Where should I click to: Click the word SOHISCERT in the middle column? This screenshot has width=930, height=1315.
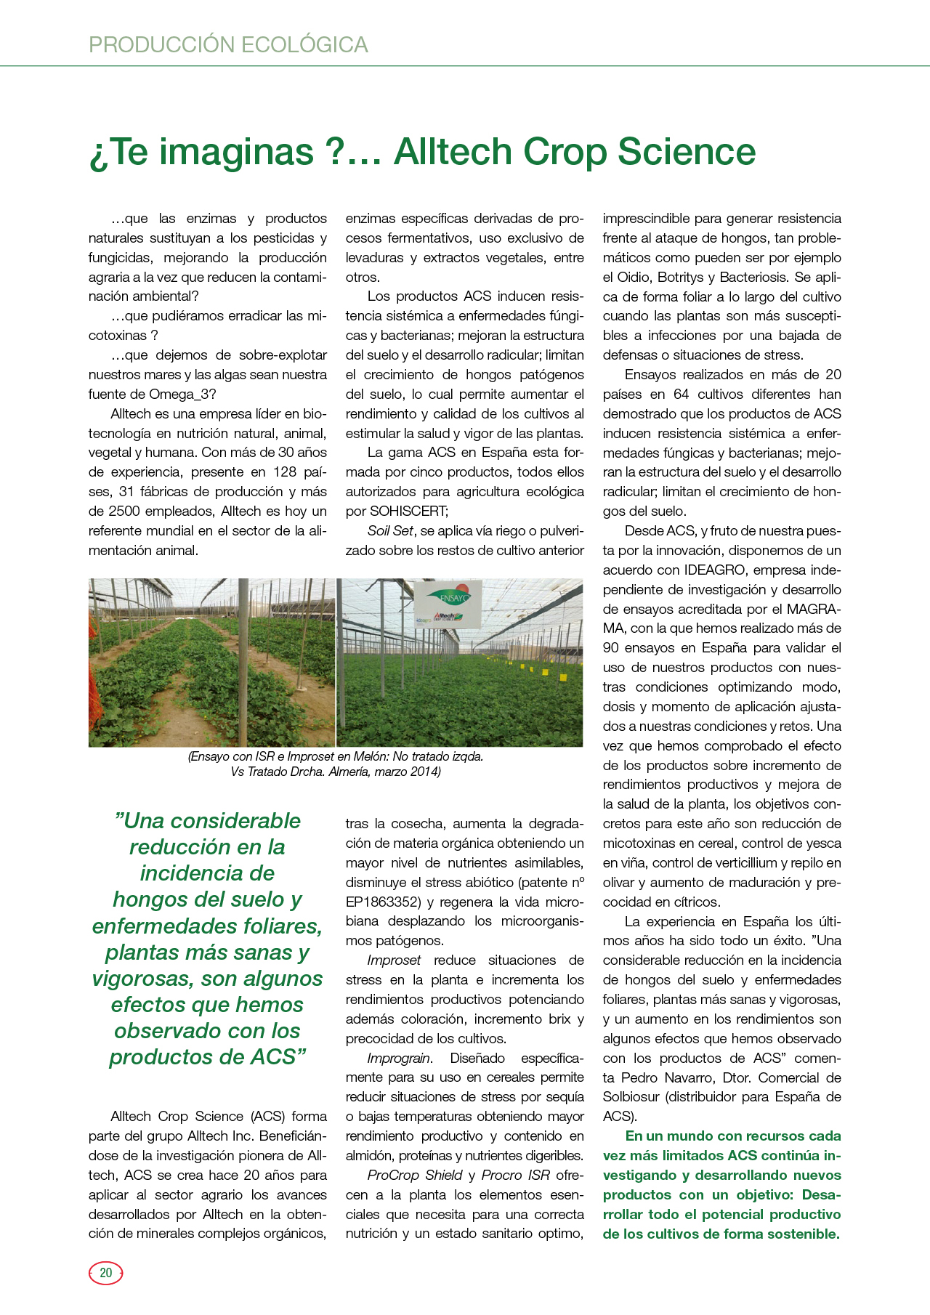[408, 511]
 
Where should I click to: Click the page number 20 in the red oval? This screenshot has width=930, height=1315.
[106, 1273]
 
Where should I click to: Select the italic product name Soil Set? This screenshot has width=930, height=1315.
[390, 531]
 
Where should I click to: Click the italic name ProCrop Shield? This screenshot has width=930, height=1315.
[415, 1176]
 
